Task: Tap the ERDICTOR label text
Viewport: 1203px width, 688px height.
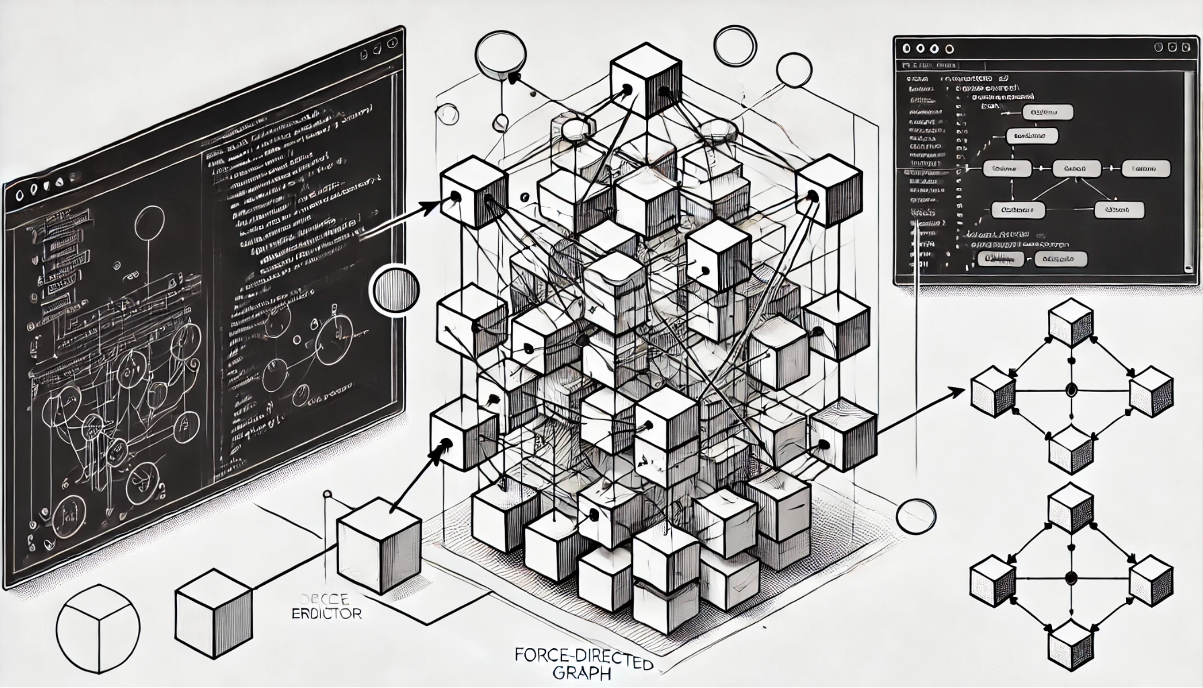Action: coord(326,614)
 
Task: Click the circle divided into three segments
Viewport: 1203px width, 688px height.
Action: coord(98,629)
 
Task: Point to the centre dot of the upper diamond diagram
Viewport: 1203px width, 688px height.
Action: coord(1071,390)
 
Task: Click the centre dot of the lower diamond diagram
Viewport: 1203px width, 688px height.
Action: coord(1071,577)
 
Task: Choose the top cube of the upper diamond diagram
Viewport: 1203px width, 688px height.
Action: coord(1071,322)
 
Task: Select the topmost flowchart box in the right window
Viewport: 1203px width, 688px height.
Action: coord(1047,112)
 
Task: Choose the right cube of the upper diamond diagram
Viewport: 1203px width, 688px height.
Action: coord(1150,392)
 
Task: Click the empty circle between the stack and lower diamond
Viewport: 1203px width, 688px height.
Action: coord(915,516)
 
